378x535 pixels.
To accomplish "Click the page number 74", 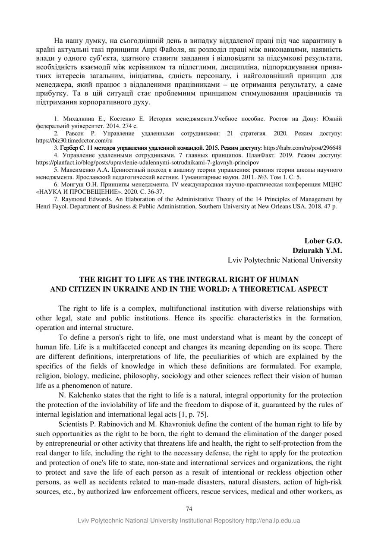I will [x=189, y=509].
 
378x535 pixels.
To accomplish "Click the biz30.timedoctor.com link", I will [x=74, y=140].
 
